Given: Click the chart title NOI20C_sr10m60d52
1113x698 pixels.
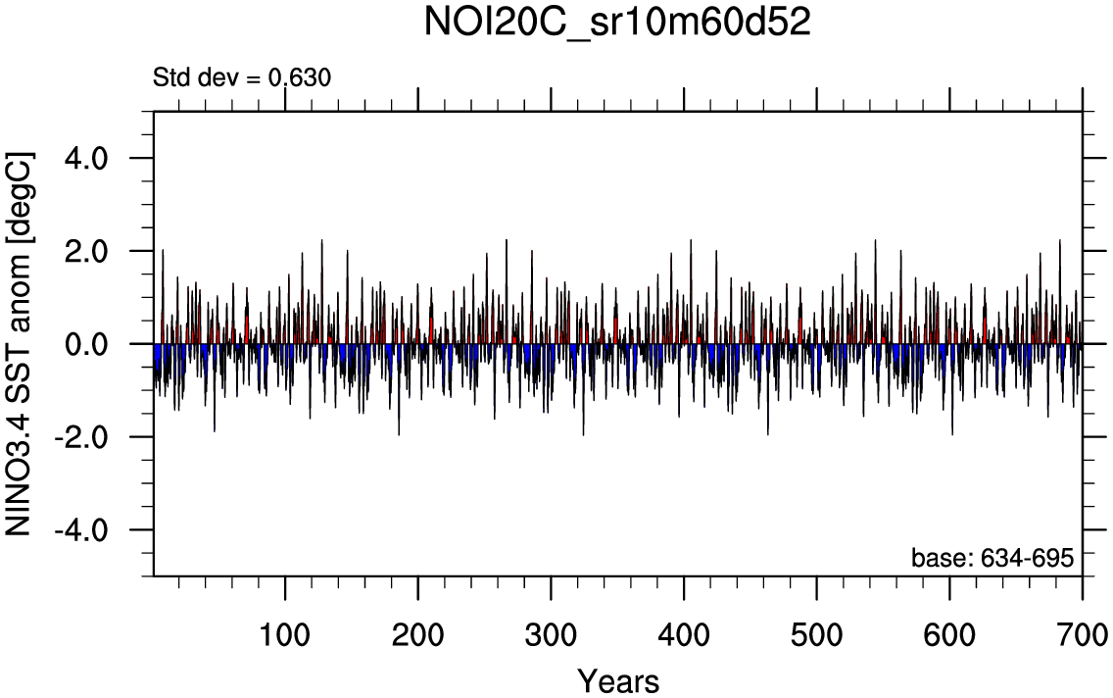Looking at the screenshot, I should [x=617, y=24].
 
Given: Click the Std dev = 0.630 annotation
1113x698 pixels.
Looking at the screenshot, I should [x=242, y=77].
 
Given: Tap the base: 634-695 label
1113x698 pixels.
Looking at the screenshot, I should [x=992, y=558].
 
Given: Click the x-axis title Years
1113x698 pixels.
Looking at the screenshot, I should [x=617, y=679].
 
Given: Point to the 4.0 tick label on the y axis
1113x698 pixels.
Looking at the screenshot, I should [x=90, y=158].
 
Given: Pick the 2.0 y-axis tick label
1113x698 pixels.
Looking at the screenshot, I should [x=90, y=251].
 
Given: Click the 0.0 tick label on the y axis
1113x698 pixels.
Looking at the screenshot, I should [x=90, y=344].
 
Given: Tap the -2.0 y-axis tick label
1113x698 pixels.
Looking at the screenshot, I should [x=85, y=437].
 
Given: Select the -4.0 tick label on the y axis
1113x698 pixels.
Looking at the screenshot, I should [x=85, y=530].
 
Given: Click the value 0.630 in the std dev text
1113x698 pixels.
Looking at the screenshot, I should [x=300, y=77].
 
